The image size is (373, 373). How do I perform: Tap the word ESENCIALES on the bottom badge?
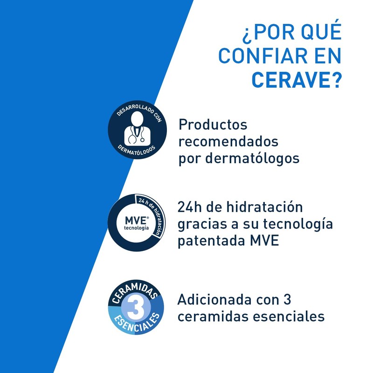pyautogui.click(x=136, y=326)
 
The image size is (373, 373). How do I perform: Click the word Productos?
pyautogui.click(x=213, y=125)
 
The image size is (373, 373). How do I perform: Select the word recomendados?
pyautogui.click(x=228, y=141)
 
